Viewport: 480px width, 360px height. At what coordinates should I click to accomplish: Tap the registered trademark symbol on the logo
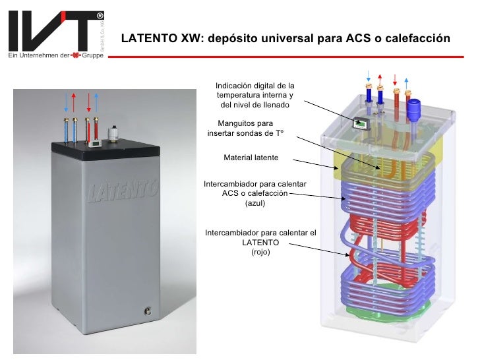tap(100, 15)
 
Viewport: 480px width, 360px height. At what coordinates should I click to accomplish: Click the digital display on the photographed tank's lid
tap(96, 140)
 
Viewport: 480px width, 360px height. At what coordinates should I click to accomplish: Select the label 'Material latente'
tap(251, 158)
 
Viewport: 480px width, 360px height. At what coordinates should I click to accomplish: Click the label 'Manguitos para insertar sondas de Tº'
tap(245, 128)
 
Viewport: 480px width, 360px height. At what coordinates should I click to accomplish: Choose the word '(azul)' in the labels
tap(256, 203)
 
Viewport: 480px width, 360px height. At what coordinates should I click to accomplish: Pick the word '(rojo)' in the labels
tap(261, 252)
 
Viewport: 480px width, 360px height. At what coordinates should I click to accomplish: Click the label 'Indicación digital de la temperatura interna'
tap(255, 96)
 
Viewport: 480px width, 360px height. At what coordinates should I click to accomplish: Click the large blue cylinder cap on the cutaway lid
tap(415, 107)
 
